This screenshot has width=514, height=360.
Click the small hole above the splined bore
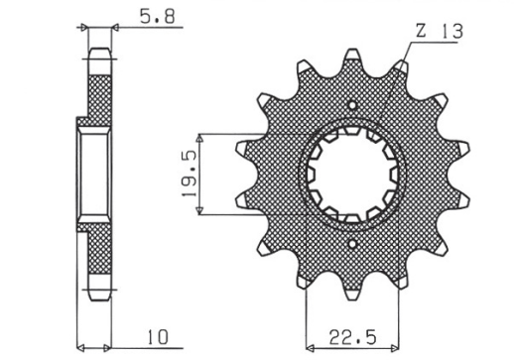[353, 104]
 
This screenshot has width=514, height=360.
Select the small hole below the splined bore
[353, 241]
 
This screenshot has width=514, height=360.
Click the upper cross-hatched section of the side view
[99, 94]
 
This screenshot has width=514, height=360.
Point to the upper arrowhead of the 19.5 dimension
[201, 136]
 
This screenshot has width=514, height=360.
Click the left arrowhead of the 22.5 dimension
[312, 348]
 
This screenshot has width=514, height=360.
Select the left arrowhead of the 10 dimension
[82, 348]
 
